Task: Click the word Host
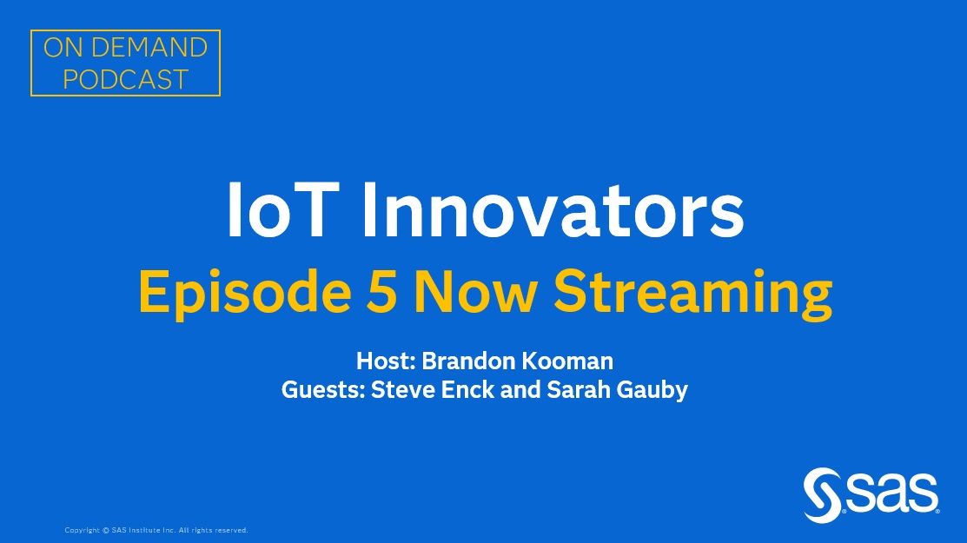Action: coord(385,361)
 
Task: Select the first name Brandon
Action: coord(465,361)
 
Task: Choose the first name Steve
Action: coord(399,390)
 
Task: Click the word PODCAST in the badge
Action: coord(125,80)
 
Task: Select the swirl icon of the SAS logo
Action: coord(822,496)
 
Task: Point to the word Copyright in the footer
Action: coord(83,530)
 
